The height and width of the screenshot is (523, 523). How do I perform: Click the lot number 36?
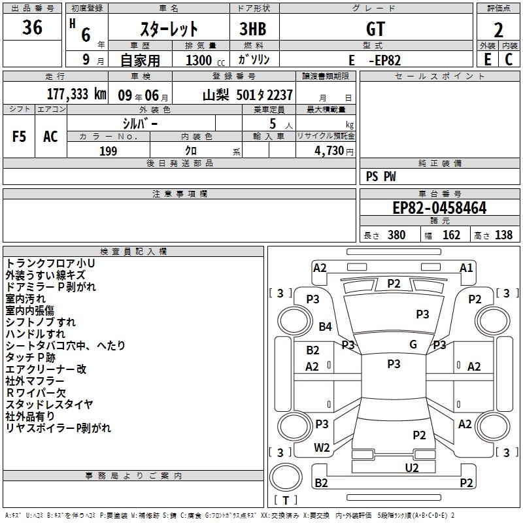coord(32,27)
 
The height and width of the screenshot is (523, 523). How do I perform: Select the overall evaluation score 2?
coord(498,30)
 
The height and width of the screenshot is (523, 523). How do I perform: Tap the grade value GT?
coord(375,29)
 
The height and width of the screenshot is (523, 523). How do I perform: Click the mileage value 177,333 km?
coord(76,94)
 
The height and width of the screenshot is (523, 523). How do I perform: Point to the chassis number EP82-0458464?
coord(439,208)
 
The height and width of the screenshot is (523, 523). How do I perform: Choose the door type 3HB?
coord(253,29)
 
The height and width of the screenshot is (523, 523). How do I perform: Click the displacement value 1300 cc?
coord(205,60)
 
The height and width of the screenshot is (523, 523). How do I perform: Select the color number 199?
coord(109,151)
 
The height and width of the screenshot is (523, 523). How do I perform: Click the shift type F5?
coord(19,137)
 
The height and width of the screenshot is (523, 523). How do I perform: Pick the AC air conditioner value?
coord(50,137)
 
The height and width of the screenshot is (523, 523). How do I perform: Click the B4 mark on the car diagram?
coord(325,326)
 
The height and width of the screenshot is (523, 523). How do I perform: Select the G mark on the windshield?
coord(413,345)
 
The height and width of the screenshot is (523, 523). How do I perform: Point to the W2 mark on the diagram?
coord(322,448)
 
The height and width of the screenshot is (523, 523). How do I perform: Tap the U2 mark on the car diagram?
coord(412,467)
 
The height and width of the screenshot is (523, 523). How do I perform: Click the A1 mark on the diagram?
coord(466,268)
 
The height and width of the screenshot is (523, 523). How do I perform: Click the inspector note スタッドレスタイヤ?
coord(50,404)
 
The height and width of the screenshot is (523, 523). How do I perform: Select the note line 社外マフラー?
coord(35,380)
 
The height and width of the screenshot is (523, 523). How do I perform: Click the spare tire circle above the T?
coord(286,477)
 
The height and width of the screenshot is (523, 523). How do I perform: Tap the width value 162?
coord(451,235)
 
